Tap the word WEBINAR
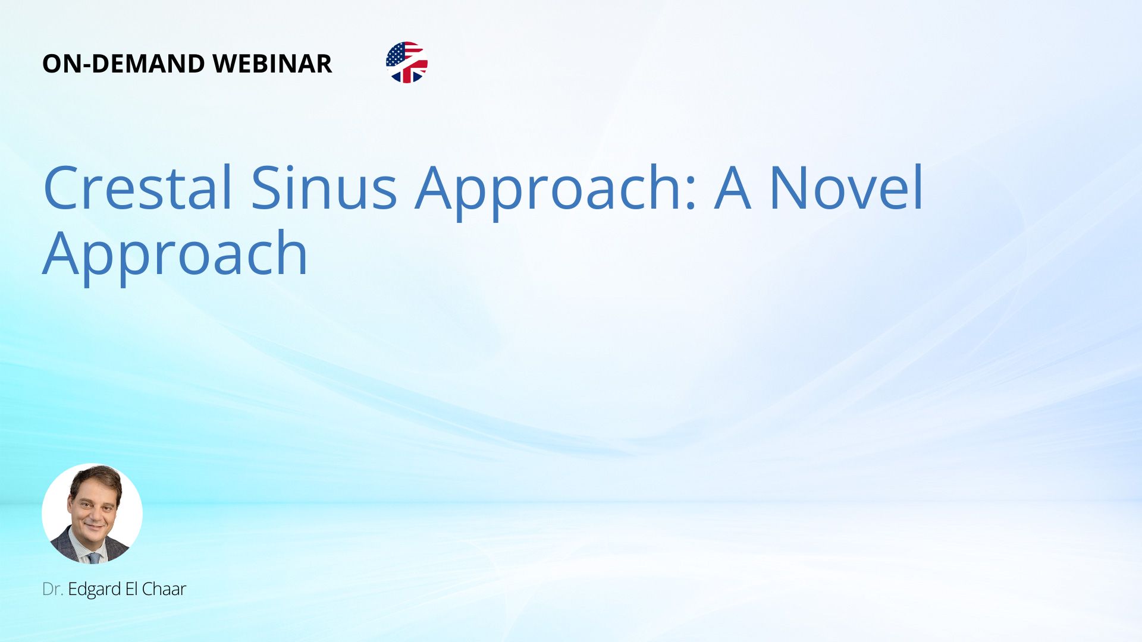tap(272, 64)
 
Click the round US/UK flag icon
tap(407, 62)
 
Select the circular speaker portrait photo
tap(92, 514)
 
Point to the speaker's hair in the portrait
tap(95, 479)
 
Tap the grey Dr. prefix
tap(52, 589)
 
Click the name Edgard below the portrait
tap(95, 590)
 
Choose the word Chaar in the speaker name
tap(164, 589)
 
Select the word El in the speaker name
tap(131, 589)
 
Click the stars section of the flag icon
tap(396, 54)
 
